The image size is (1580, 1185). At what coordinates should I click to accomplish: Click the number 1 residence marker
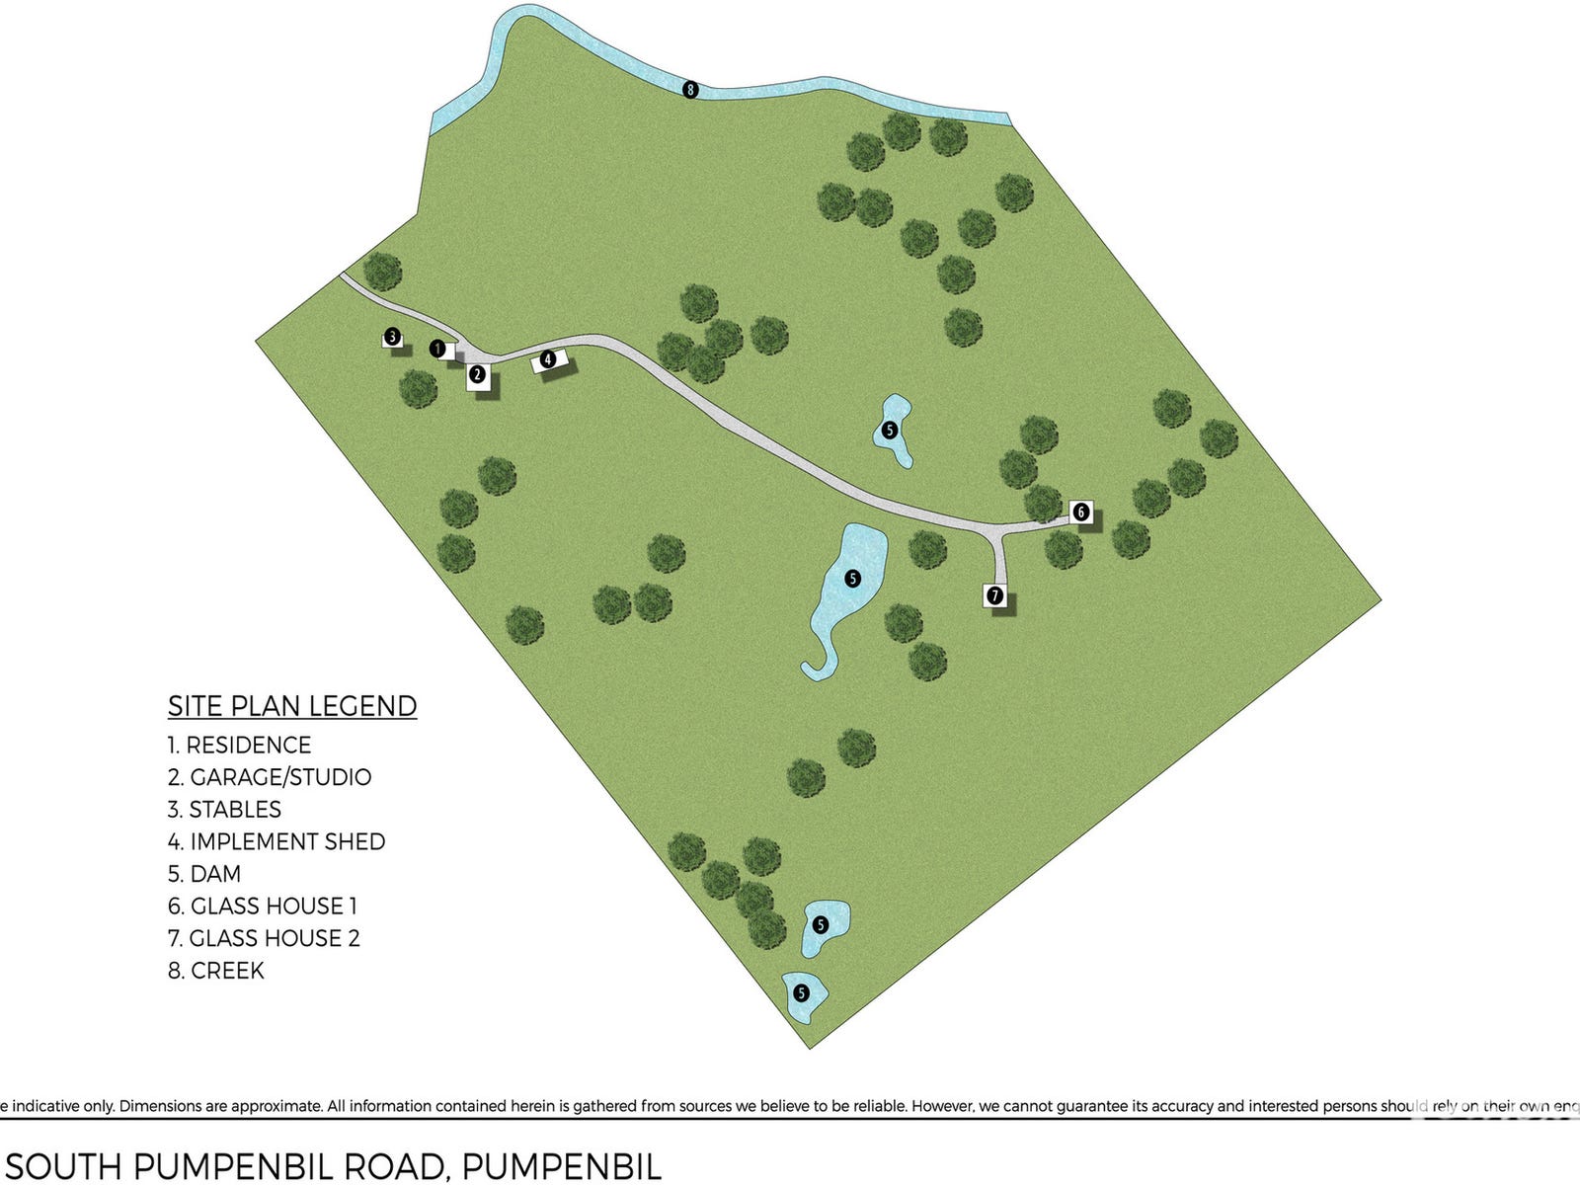[437, 349]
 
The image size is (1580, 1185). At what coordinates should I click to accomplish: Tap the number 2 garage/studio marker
[478, 374]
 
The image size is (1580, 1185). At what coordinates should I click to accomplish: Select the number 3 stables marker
[392, 338]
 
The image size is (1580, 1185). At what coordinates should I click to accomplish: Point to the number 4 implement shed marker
[548, 359]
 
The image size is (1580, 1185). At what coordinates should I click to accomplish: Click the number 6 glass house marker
[1081, 512]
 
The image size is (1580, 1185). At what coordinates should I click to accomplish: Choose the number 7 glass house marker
[995, 595]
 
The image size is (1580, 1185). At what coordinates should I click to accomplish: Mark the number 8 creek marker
[690, 90]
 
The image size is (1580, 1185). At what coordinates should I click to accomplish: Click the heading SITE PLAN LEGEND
[292, 706]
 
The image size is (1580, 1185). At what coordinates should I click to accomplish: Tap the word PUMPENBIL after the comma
[561, 1166]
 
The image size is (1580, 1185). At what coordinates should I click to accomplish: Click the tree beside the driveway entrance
[381, 271]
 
